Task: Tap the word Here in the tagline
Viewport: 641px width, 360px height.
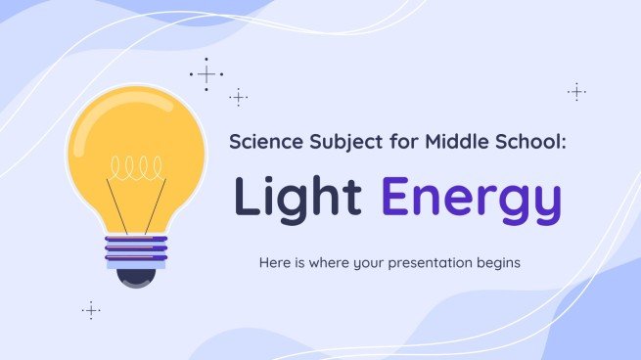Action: [x=275, y=263]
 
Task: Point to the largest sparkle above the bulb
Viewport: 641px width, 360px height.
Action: [x=206, y=74]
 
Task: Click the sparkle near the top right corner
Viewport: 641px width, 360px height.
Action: [x=576, y=92]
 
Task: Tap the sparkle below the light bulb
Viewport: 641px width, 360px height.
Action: [x=91, y=310]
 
